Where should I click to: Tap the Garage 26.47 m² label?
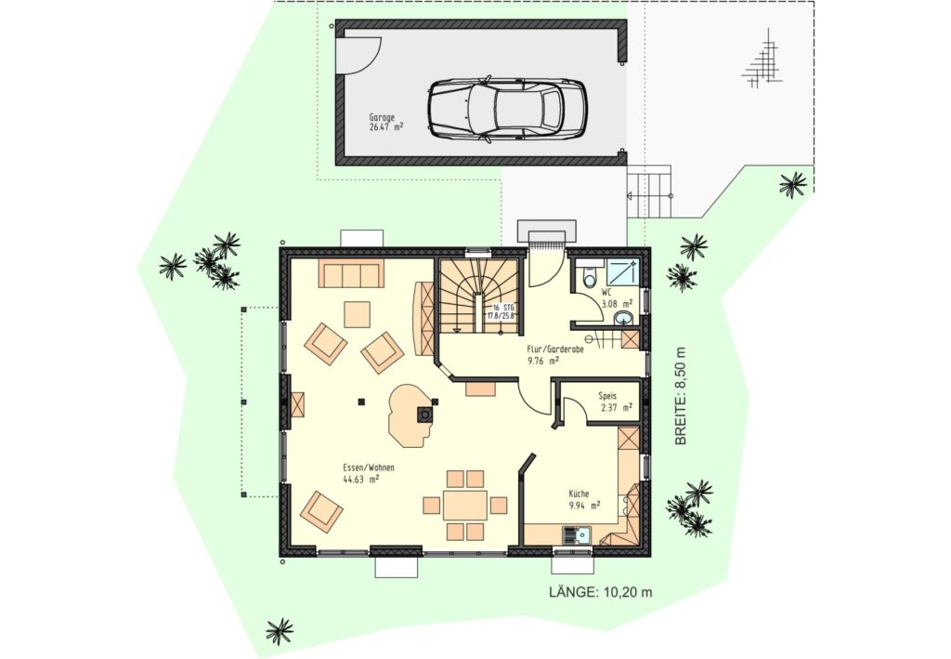click(x=386, y=122)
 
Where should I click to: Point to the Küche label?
click(x=579, y=494)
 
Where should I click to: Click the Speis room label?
click(x=607, y=396)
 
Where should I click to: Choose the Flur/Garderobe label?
click(x=555, y=349)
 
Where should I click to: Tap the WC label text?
click(x=606, y=291)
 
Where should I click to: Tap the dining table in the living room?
click(x=465, y=505)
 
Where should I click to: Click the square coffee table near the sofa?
click(x=358, y=314)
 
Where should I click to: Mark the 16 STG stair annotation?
click(x=502, y=311)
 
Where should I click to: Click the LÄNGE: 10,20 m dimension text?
click(x=601, y=592)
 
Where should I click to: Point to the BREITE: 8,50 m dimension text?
click(x=681, y=396)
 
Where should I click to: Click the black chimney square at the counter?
click(x=423, y=415)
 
